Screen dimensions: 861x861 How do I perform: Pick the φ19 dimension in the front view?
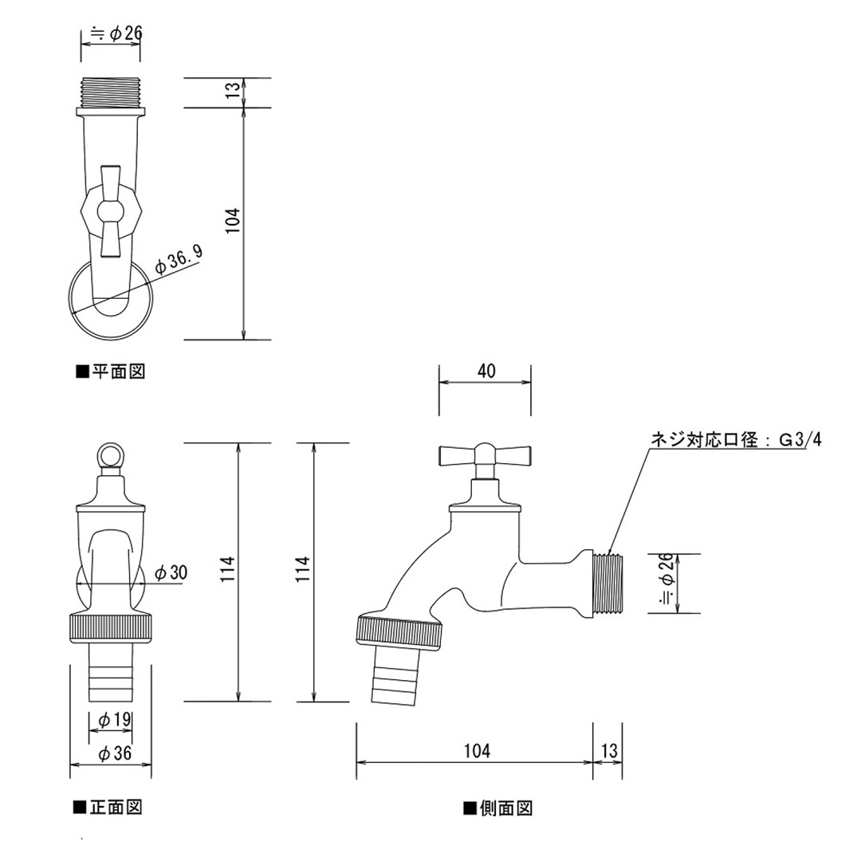[113, 720]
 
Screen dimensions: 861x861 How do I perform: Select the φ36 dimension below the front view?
[113, 753]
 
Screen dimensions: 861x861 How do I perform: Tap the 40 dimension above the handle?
[486, 371]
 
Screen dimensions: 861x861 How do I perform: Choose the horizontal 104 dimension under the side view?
[476, 750]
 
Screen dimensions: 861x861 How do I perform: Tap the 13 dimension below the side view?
[609, 750]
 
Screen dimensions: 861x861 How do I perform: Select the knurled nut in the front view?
[111, 627]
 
